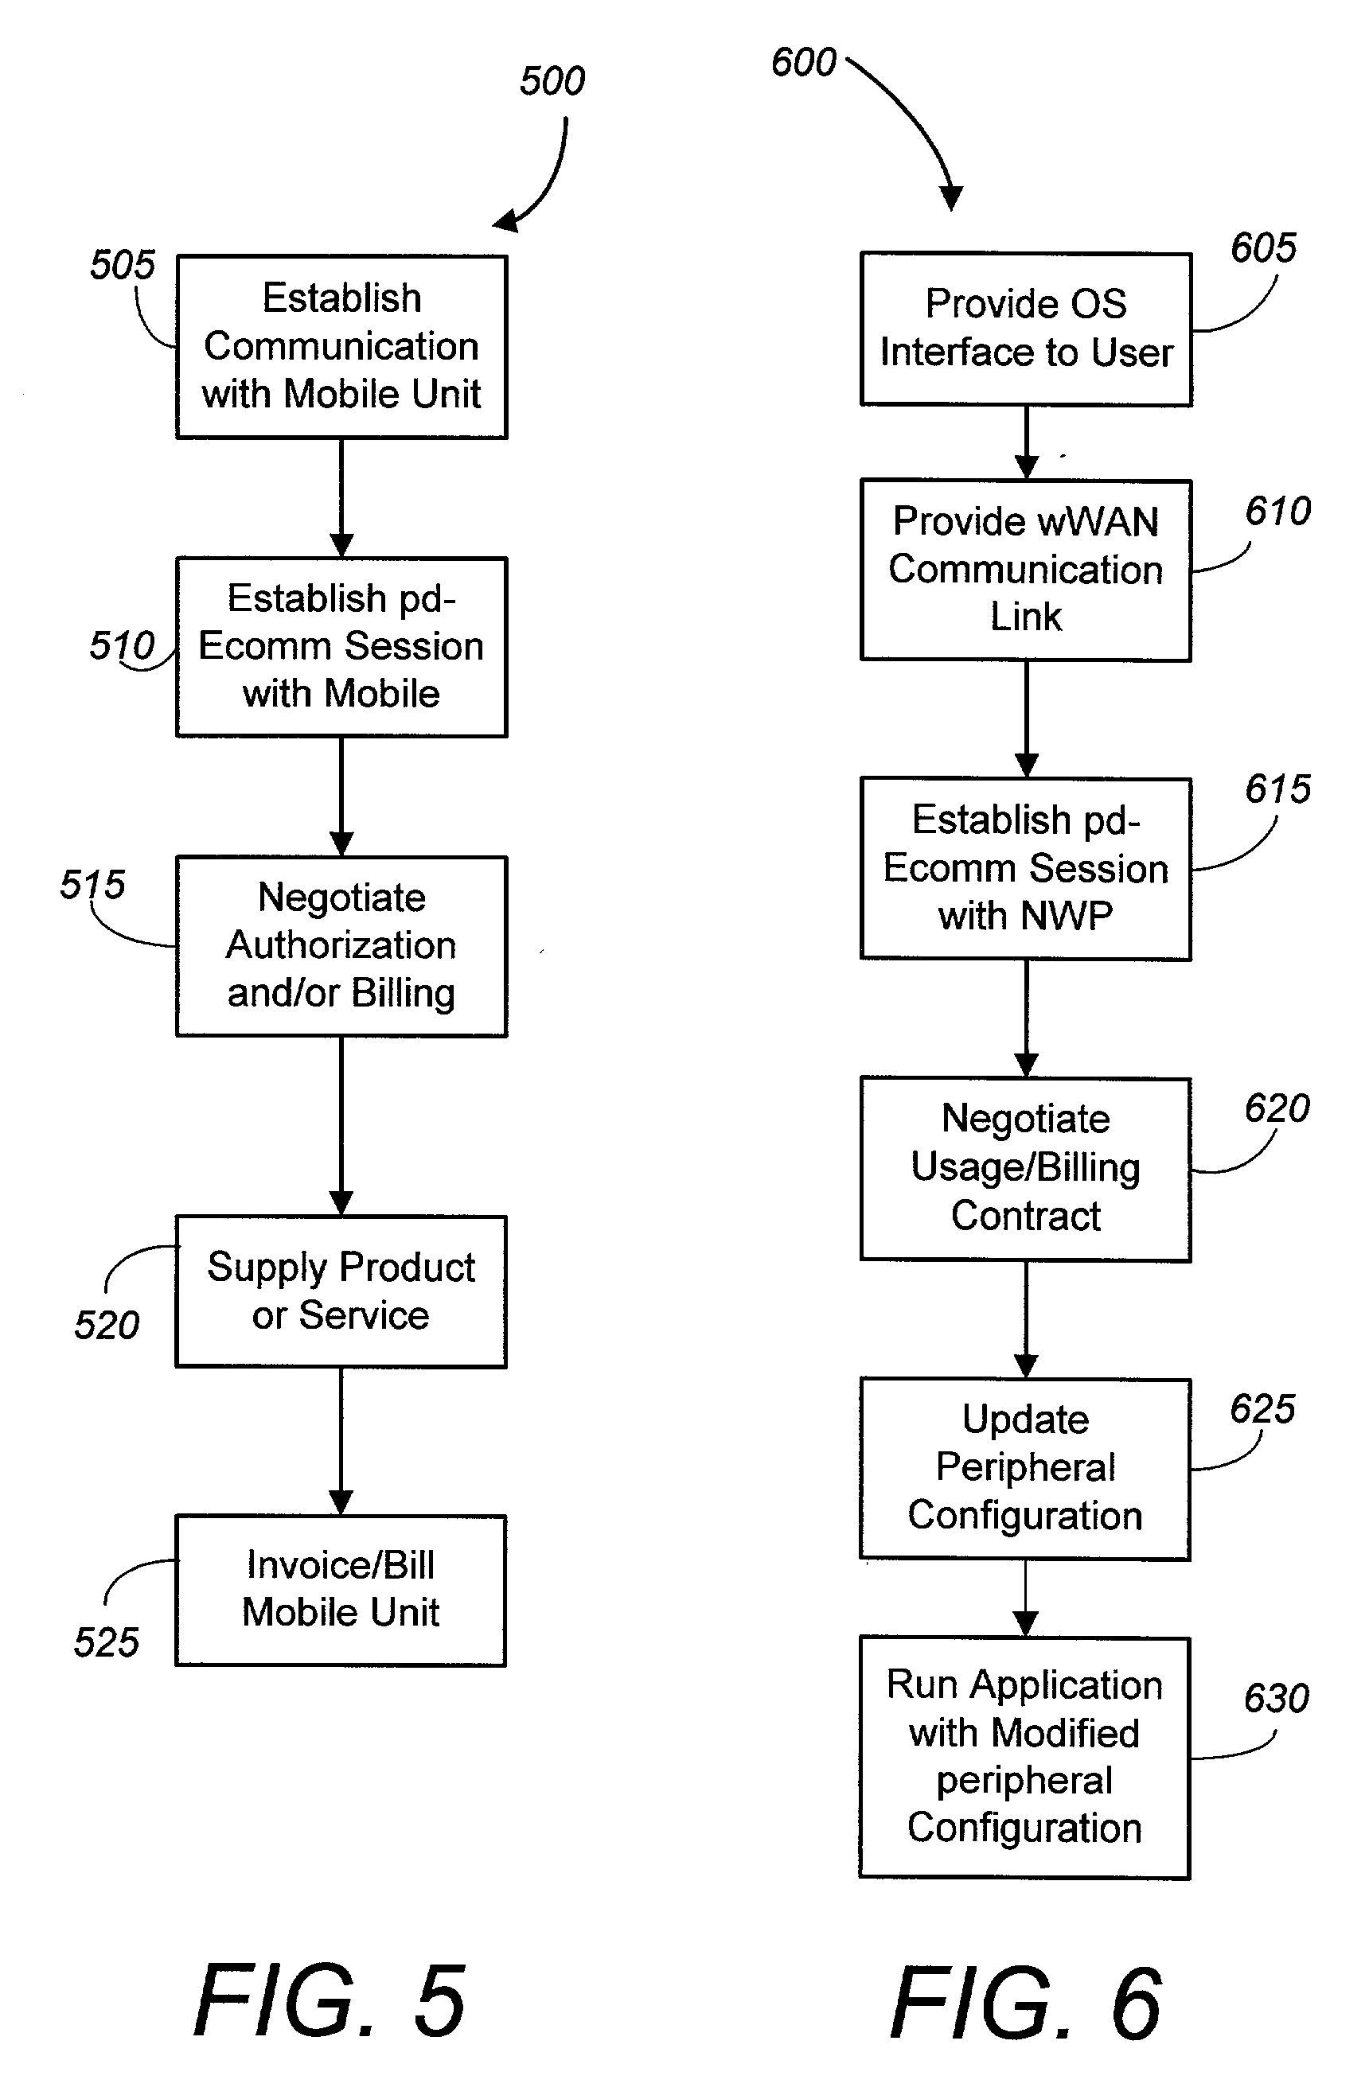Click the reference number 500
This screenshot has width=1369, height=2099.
[552, 81]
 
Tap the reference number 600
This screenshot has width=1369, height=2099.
[803, 63]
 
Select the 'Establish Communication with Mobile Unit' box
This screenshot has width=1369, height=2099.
[341, 347]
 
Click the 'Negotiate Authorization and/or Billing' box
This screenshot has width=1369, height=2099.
[341, 945]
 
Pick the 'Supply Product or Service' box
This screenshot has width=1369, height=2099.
[341, 1291]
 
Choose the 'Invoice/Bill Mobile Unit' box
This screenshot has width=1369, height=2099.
[341, 1589]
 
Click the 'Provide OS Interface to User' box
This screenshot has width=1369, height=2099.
[1026, 329]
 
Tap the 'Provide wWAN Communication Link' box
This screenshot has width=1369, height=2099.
[1026, 570]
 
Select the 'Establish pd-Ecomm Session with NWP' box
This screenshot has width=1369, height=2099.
[1026, 868]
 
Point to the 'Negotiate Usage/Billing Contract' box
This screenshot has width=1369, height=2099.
[1026, 1169]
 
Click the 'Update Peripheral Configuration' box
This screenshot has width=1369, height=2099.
[1025, 1468]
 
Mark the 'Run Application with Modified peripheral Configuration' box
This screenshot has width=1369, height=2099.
[1025, 1757]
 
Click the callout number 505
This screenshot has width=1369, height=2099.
[123, 265]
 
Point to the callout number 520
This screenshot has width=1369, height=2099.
[107, 1325]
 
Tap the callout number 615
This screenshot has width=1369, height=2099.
[1277, 789]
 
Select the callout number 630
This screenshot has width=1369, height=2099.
[1276, 1698]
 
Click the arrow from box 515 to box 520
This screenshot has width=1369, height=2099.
[341, 1125]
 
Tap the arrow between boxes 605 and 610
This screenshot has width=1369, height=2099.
[1026, 442]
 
